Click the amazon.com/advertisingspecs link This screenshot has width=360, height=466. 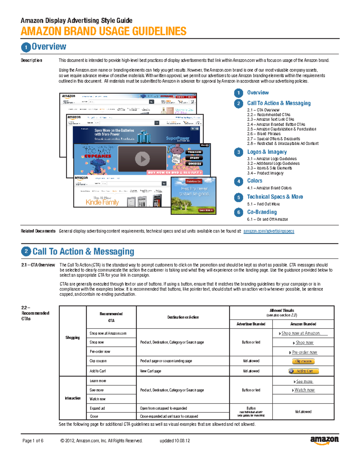point(268,231)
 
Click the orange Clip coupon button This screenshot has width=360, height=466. point(303,361)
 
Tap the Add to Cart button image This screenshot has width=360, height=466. point(303,371)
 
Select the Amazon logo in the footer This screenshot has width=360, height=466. point(324,440)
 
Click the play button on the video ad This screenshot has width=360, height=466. point(142,159)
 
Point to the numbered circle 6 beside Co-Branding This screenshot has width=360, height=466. point(238,212)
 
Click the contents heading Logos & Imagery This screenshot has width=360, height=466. point(267,152)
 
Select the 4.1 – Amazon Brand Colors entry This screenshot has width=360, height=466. point(269,188)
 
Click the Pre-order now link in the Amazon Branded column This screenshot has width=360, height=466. point(304,352)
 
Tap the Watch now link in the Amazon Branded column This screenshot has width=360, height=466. point(304,390)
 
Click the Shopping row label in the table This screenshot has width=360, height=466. point(73,338)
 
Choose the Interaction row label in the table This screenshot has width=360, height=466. point(73,398)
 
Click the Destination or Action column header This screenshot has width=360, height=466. point(183,317)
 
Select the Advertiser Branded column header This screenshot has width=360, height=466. point(251,324)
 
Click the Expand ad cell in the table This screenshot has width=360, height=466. point(97,408)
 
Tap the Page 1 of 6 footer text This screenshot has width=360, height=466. point(33,441)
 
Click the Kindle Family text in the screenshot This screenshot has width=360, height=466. point(102,203)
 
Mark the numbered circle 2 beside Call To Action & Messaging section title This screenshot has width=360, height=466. point(26,251)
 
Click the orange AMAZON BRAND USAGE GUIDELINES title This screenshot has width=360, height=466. point(103,31)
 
